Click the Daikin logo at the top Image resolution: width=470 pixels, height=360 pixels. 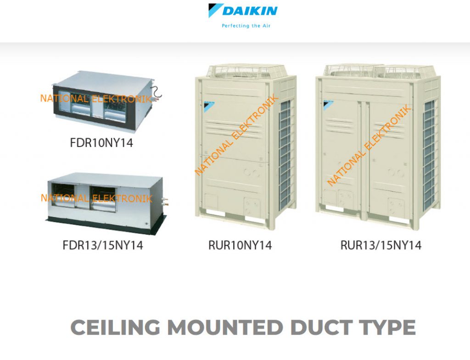click(243, 11)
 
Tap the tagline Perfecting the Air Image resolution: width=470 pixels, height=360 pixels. click(246, 26)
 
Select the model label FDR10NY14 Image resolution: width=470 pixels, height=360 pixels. click(101, 143)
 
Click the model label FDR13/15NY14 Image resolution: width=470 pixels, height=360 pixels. click(103, 245)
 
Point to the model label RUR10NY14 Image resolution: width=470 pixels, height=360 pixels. click(240, 245)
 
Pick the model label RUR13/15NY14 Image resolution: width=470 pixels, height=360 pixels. click(380, 245)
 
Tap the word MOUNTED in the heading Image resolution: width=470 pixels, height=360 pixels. click(225, 327)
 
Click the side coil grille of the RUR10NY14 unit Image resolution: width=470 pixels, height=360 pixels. click(285, 155)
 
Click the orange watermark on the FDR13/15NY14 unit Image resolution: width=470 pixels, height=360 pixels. click(96, 198)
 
